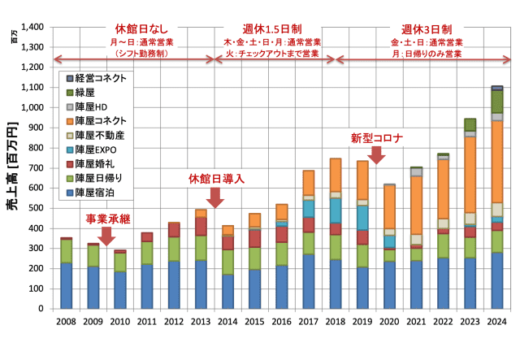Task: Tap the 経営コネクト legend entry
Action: [100, 78]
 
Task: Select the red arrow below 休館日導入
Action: [216, 197]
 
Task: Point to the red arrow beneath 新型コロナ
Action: [375, 154]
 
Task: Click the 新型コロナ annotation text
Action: [376, 137]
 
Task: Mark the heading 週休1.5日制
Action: [271, 28]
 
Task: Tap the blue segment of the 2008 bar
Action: [66, 285]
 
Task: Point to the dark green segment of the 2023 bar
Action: [470, 124]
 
